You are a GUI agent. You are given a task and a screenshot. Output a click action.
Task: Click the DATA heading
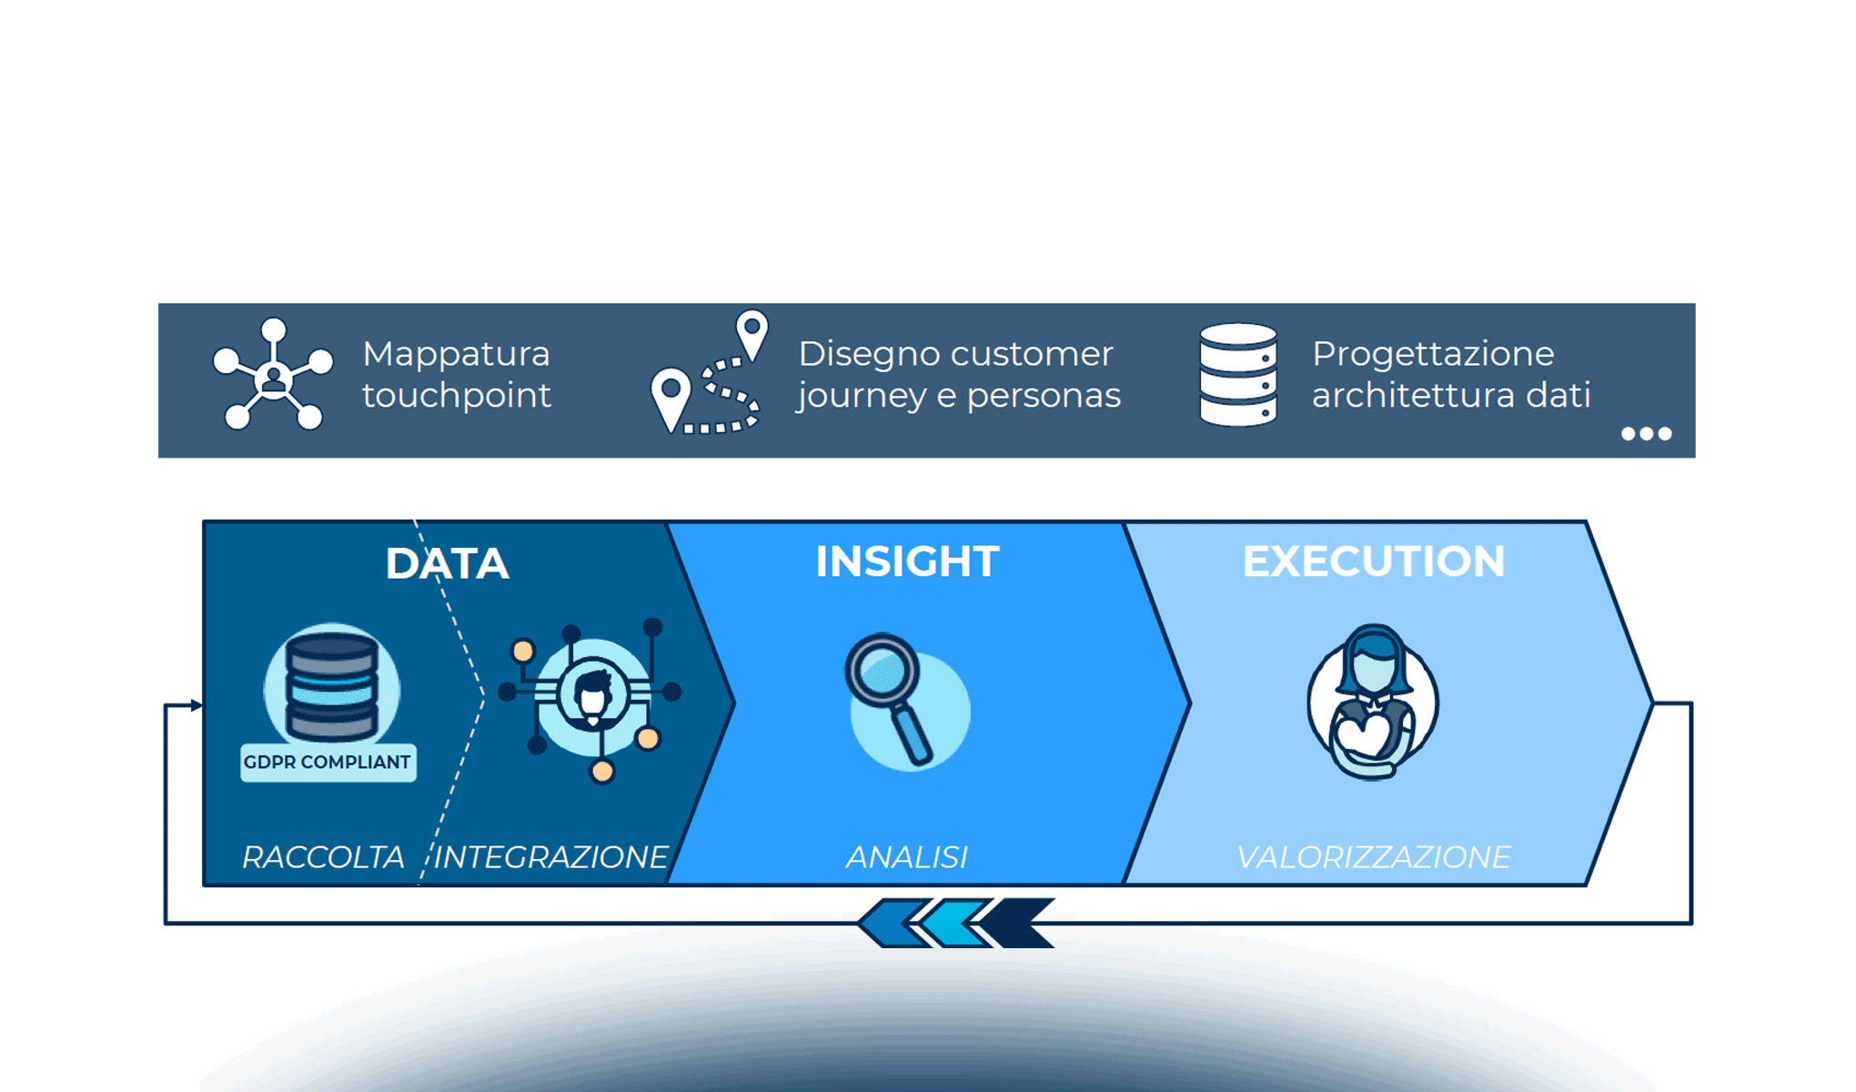point(447,563)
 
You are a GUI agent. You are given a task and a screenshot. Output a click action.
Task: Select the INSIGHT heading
point(907,561)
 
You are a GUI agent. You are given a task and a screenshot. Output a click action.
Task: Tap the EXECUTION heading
point(1374,561)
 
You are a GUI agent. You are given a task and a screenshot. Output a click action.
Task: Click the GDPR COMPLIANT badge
point(328,763)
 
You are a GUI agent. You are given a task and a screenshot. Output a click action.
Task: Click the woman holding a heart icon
point(1373,702)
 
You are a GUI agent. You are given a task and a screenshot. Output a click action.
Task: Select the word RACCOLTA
point(323,857)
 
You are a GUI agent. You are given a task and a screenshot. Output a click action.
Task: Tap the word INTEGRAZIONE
point(551,857)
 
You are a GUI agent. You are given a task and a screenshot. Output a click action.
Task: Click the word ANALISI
point(907,857)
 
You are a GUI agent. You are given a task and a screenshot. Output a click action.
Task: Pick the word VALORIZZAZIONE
point(1374,857)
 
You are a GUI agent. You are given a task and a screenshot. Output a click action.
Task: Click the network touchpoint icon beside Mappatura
point(273,374)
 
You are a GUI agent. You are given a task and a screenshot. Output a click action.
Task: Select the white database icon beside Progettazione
point(1238,374)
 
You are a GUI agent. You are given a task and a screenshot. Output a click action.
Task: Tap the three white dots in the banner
point(1647,434)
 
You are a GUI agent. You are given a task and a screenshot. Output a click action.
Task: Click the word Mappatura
point(456,354)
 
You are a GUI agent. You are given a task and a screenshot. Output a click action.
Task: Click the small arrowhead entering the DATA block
point(197,705)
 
